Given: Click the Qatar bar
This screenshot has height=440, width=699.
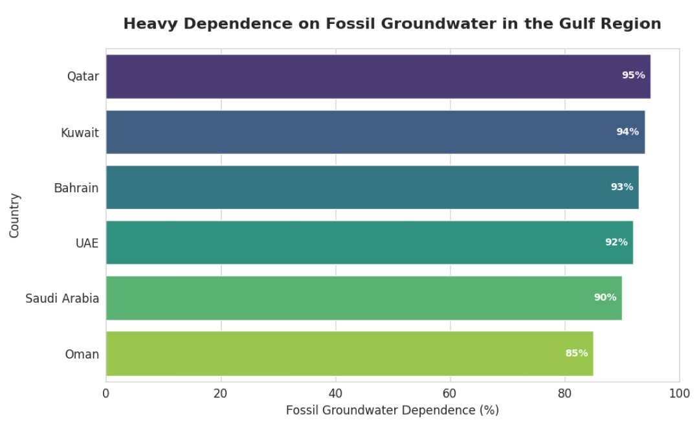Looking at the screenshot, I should pyautogui.click(x=378, y=76).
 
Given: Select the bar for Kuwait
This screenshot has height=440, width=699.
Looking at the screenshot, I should pyautogui.click(x=375, y=132).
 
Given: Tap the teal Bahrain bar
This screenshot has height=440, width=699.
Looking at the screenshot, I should pyautogui.click(x=372, y=187).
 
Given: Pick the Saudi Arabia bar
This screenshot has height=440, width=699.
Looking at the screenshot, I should pyautogui.click(x=364, y=298).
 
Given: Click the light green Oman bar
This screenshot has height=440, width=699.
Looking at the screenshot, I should pyautogui.click(x=349, y=353).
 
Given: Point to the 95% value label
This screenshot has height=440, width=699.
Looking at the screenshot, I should pyautogui.click(x=633, y=75).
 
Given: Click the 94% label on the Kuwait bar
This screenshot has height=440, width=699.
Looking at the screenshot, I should pyautogui.click(x=627, y=132).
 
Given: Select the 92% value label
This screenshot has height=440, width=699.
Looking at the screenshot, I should pyautogui.click(x=616, y=242).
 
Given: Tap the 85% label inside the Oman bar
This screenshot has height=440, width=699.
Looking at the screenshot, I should pyautogui.click(x=576, y=353).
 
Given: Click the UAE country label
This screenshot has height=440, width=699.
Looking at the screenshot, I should pyautogui.click(x=87, y=243).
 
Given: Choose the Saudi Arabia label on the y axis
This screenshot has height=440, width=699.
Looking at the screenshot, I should pyautogui.click(x=62, y=298).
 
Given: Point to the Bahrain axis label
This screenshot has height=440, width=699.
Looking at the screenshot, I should pyautogui.click(x=76, y=188).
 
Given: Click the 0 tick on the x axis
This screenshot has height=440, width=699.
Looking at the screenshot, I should pyautogui.click(x=106, y=393).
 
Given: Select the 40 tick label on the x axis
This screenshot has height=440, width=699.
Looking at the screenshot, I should pyautogui.click(x=335, y=393).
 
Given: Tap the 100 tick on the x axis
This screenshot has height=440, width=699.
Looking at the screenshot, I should pyautogui.click(x=679, y=393).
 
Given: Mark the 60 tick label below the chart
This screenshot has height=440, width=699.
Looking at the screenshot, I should pyautogui.click(x=450, y=393).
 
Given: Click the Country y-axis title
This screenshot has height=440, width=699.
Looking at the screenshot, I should pyautogui.click(x=15, y=215).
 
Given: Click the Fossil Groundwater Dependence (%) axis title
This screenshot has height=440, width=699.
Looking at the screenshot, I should pyautogui.click(x=392, y=411).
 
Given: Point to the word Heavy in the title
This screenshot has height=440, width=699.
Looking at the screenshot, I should pyautogui.click(x=150, y=25).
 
